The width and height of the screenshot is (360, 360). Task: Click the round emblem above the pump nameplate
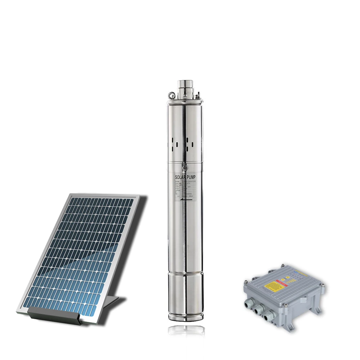pyautogui.click(x=185, y=168)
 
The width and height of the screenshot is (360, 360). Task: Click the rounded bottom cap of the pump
pyautogui.click(x=185, y=314)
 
